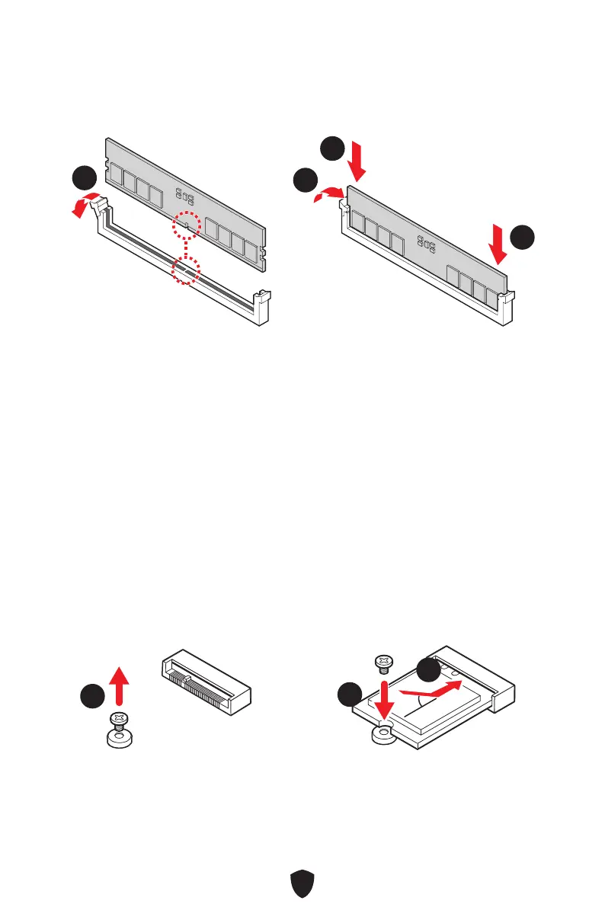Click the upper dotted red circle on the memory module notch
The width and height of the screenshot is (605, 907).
pyautogui.click(x=187, y=225)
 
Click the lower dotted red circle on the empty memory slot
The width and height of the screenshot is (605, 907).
pyautogui.click(x=185, y=270)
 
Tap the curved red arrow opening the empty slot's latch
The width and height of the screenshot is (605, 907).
pyautogui.click(x=85, y=202)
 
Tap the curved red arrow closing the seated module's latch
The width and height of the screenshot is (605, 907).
pyautogui.click(x=331, y=195)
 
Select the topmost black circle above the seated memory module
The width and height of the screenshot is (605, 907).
pyautogui.click(x=331, y=148)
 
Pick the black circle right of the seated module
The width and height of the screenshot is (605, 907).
pyautogui.click(x=523, y=237)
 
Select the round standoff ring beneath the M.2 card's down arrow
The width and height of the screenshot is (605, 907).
pyautogui.click(x=383, y=733)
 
